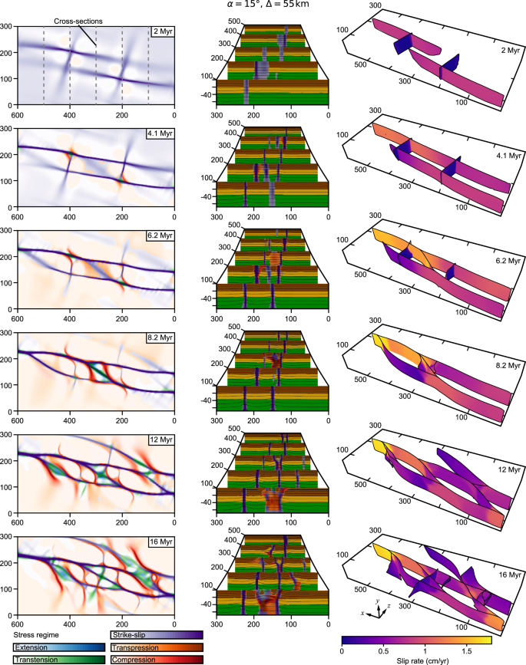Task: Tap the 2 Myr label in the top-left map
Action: coord(160,31)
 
